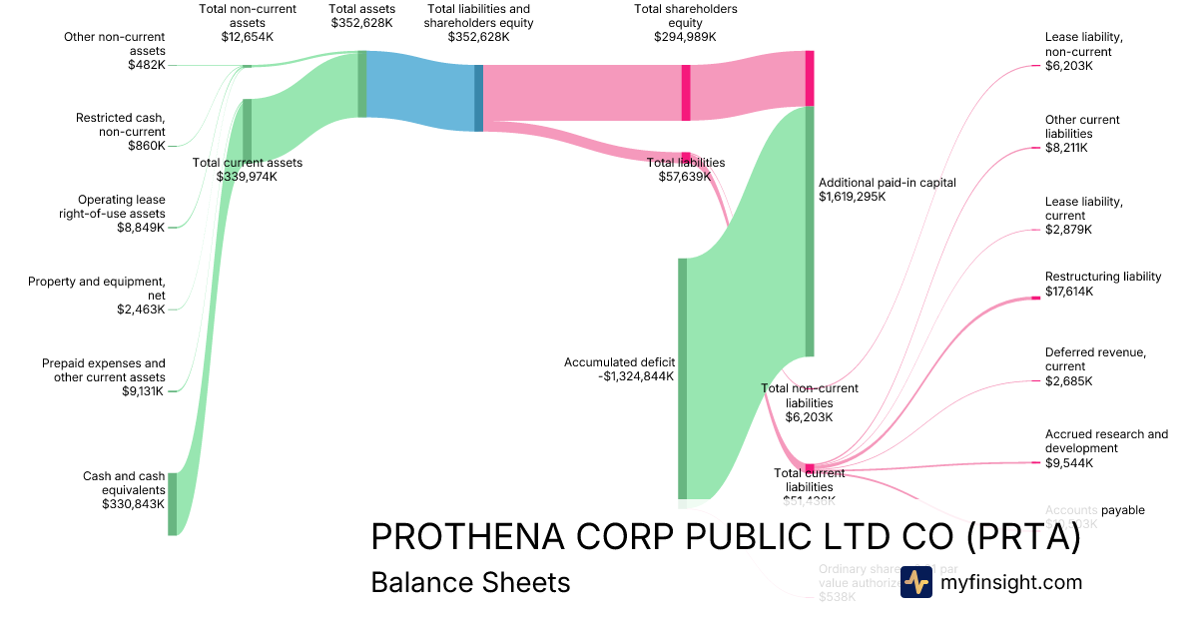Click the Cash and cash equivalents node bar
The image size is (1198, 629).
pyautogui.click(x=172, y=504)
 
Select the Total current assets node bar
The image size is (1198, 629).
pyautogui.click(x=247, y=130)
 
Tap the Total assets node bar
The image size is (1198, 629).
pyautogui.click(x=362, y=84)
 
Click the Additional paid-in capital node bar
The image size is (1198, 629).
pyautogui.click(x=810, y=230)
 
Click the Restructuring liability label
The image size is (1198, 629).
pyautogui.click(x=1103, y=277)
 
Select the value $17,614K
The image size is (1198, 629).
pyautogui.click(x=1068, y=292)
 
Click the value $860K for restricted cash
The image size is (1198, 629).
pyautogui.click(x=146, y=146)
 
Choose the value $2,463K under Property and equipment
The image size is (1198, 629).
pyautogui.click(x=141, y=310)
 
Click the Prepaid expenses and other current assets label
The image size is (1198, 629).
pyautogui.click(x=104, y=370)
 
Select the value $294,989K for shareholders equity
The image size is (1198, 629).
pyautogui.click(x=686, y=37)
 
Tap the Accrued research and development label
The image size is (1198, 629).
pyautogui.click(x=1106, y=441)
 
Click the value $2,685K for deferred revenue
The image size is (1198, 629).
pyautogui.click(x=1068, y=381)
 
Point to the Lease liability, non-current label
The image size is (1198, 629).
pyautogui.click(x=1083, y=44)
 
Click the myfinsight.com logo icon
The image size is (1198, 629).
pyautogui.click(x=915, y=582)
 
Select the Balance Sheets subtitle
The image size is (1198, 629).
pyautogui.click(x=470, y=582)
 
